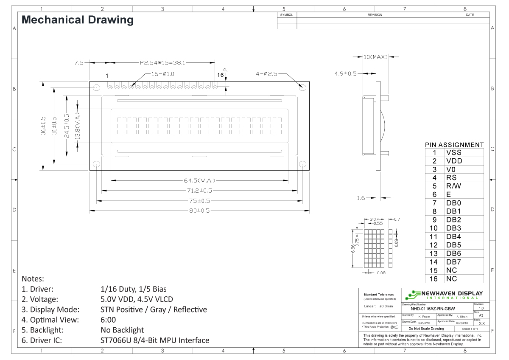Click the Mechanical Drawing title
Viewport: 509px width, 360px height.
pyautogui.click(x=77, y=20)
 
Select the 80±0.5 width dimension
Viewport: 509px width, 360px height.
pyautogui.click(x=199, y=211)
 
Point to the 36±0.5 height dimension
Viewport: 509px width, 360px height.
pyautogui.click(x=43, y=126)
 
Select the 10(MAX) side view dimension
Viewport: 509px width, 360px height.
pyautogui.click(x=375, y=57)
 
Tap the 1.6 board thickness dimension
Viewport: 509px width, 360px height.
pyautogui.click(x=361, y=198)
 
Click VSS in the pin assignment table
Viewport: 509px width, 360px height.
pyautogui.click(x=453, y=153)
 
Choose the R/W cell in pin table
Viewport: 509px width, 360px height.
pyautogui.click(x=453, y=186)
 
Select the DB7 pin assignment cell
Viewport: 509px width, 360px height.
pyautogui.click(x=453, y=262)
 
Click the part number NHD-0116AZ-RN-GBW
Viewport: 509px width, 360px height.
pyautogui.click(x=436, y=309)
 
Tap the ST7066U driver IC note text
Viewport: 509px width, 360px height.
pyautogui.click(x=155, y=340)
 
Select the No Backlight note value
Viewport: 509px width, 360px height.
pyautogui.click(x=122, y=330)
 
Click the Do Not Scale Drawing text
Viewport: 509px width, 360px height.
pyautogui.click(x=426, y=329)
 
